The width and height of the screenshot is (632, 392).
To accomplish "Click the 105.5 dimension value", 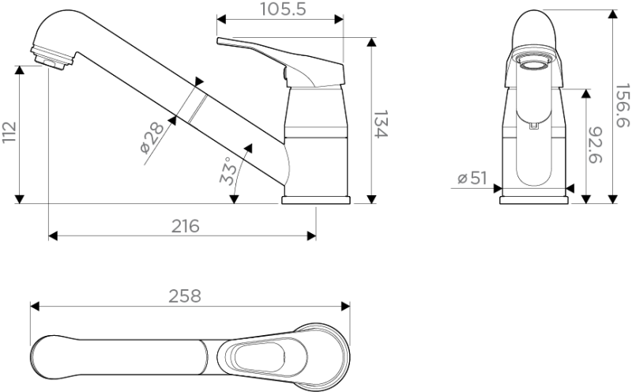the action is click(283, 9).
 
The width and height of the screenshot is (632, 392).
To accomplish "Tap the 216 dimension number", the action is click(186, 226).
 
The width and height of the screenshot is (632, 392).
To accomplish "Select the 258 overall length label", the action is click(185, 296).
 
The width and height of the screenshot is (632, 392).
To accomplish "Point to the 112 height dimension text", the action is click(9, 131).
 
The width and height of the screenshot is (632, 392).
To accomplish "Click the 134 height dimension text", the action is click(380, 124).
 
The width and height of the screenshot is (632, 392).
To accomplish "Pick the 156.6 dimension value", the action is click(622, 105).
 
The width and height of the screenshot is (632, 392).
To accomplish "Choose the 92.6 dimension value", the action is click(595, 145).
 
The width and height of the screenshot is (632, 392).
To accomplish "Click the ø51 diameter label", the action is click(472, 178).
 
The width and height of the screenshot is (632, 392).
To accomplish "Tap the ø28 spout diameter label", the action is click(152, 138).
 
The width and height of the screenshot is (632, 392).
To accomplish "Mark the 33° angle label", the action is click(228, 171).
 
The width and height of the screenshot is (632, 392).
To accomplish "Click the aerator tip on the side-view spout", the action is click(51, 58).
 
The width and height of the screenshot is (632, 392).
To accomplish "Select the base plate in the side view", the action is click(316, 200).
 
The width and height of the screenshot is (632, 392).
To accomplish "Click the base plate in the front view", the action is click(534, 200).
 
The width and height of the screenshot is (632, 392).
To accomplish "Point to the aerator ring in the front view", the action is click(534, 62).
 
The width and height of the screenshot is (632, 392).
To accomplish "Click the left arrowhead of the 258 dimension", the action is click(35, 306).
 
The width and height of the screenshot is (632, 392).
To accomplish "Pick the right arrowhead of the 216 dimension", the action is click(311, 236).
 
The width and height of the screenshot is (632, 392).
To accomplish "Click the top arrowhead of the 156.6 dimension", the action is click(613, 13).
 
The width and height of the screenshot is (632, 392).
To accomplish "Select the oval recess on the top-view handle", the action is click(260, 357).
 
